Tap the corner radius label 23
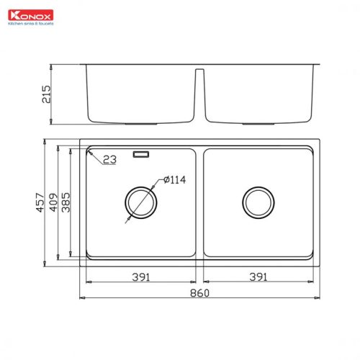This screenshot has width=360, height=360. (109, 160)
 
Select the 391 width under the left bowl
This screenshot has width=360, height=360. (141, 276)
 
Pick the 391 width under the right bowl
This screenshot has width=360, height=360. (258, 276)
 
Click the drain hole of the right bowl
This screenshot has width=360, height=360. (257, 202)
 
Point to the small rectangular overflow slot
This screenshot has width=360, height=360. (140, 153)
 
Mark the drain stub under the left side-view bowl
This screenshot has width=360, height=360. (140, 123)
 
